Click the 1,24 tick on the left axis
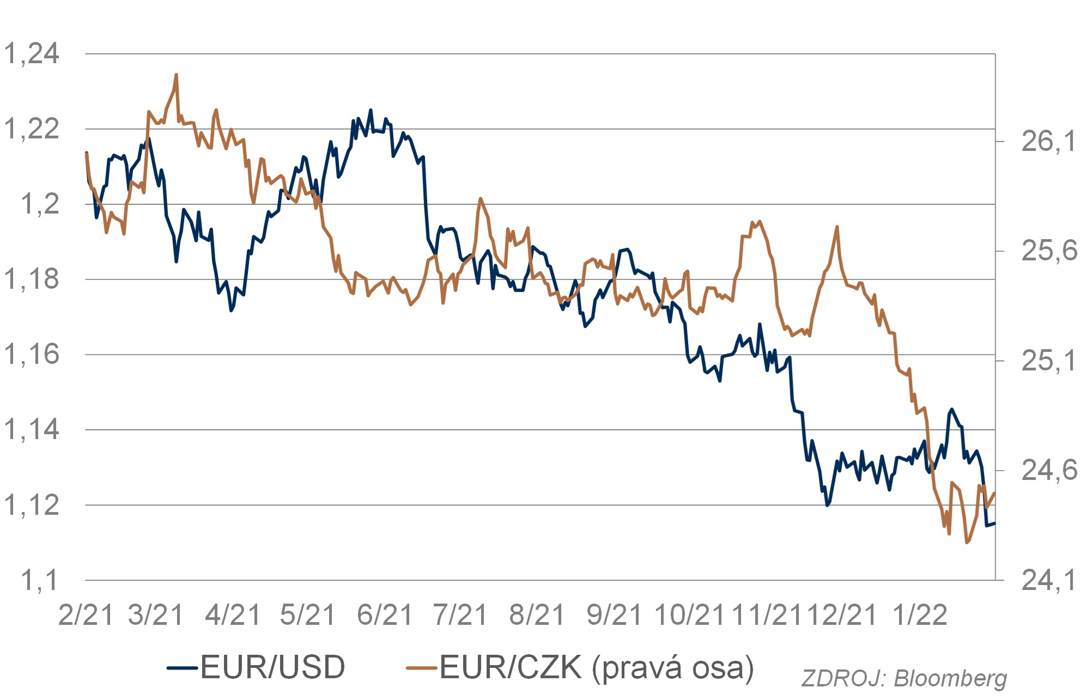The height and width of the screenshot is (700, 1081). tap(32, 54)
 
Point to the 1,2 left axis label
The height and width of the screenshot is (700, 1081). tap(40, 204)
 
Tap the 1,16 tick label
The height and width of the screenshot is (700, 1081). tap(32, 355)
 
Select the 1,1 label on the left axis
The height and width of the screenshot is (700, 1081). tap(39, 580)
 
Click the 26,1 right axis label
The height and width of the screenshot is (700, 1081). tap(1049, 142)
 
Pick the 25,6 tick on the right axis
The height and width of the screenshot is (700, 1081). tap(1049, 251)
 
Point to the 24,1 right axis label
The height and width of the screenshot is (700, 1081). tap(1049, 580)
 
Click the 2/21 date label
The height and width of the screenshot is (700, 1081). tap(86, 615)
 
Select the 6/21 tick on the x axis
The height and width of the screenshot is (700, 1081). tap(385, 615)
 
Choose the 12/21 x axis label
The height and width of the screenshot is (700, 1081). tap(842, 615)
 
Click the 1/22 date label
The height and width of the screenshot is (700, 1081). tap(920, 615)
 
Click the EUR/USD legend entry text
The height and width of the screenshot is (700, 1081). tap(273, 667)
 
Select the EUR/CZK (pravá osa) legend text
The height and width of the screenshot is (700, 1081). tap(597, 668)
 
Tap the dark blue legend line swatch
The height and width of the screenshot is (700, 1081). tap(182, 667)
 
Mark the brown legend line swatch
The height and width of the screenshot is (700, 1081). tap(422, 667)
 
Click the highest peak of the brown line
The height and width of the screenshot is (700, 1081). tap(176, 75)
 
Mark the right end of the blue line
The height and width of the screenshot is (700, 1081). tap(995, 524)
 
